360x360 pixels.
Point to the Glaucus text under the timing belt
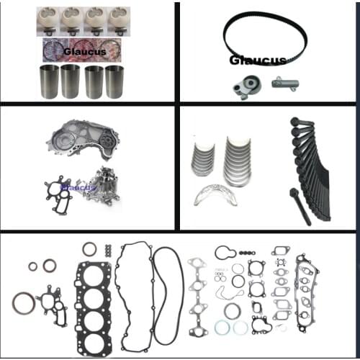pos(258,60)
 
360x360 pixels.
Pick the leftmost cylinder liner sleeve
pos(48,81)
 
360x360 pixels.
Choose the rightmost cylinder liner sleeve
pos(114,81)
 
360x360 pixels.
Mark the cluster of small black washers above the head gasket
pos(107,250)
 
